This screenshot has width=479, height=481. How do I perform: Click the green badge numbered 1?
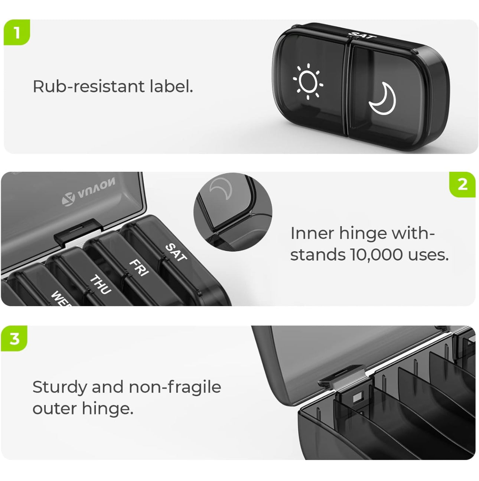click(x=16, y=32)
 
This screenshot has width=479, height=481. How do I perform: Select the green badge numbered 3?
click(x=14, y=338)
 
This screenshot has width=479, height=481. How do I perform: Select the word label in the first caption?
click(x=171, y=86)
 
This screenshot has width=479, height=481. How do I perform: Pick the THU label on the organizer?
click(x=100, y=284)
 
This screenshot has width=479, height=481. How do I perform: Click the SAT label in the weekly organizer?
click(x=176, y=252)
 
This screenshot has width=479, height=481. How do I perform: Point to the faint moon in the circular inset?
click(x=221, y=190)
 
